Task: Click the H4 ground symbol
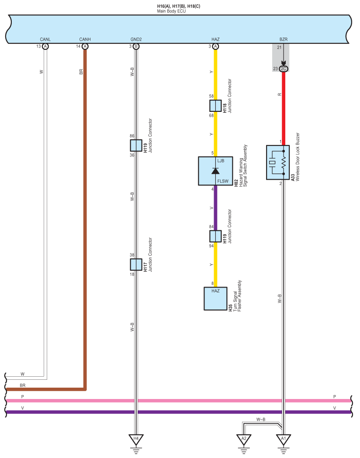tap(136, 439)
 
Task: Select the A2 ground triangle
tap(244, 439)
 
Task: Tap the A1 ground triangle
tap(283, 439)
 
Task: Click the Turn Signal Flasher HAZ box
tap(215, 298)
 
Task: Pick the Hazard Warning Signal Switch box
tap(215, 171)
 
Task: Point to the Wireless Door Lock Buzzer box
tap(278, 163)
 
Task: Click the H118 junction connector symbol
tap(215, 106)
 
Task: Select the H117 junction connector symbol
tap(136, 264)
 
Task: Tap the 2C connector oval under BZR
tap(283, 69)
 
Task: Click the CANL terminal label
tap(45, 39)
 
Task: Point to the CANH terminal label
tap(85, 39)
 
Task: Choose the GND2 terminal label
tap(136, 39)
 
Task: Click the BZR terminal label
tap(283, 39)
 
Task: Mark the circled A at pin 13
tap(45, 46)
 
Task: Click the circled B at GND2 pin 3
tap(136, 46)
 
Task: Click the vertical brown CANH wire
tap(85, 219)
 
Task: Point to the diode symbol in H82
tap(215, 171)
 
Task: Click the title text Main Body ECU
tap(171, 10)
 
